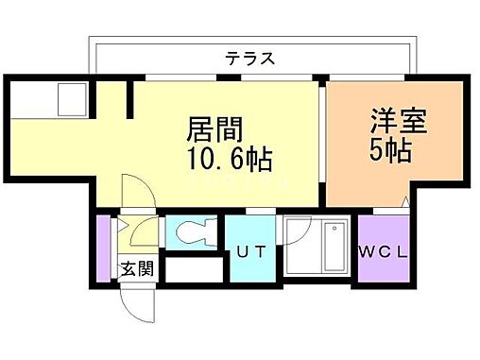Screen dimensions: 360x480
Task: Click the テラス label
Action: [x=249, y=58]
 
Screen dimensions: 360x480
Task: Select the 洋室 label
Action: [x=391, y=124]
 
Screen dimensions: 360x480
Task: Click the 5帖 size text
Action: [x=390, y=151]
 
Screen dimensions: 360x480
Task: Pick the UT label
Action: [x=249, y=252]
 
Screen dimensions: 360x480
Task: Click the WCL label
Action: [x=383, y=252]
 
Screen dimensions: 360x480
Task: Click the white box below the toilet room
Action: [x=191, y=267]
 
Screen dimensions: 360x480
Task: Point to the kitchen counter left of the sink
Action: [x=33, y=99]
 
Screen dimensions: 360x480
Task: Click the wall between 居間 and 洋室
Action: [x=322, y=142]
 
